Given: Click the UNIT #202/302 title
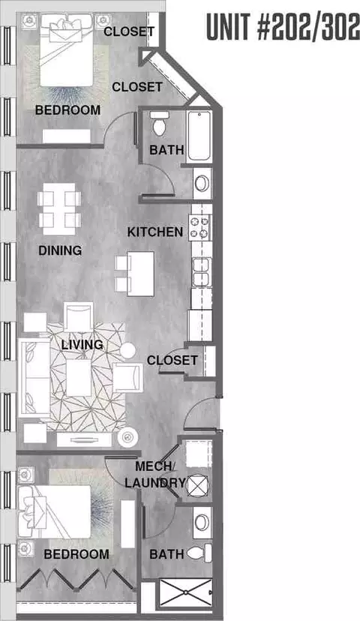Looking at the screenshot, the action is click(283, 27).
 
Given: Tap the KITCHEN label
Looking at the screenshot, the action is click(154, 232).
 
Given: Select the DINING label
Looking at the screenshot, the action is click(60, 250).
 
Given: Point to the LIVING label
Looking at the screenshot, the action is click(82, 344).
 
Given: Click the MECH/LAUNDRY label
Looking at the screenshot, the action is click(154, 475).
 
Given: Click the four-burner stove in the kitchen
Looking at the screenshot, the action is click(200, 228).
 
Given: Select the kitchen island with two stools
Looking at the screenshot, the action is click(135, 274).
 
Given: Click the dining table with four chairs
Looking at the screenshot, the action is click(59, 208).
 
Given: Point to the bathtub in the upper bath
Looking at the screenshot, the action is click(199, 136).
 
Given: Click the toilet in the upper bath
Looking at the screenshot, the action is click(159, 123).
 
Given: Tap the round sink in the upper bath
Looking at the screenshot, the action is click(202, 183).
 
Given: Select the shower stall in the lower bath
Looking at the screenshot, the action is click(185, 594).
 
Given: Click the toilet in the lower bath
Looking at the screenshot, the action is click(199, 553).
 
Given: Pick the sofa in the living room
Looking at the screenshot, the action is click(34, 377).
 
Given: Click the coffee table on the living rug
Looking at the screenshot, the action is click(79, 377).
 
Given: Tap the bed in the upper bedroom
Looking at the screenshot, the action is click(67, 50).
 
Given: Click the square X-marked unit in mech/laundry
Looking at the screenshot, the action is click(197, 486).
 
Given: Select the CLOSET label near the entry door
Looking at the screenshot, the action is click(172, 361).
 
